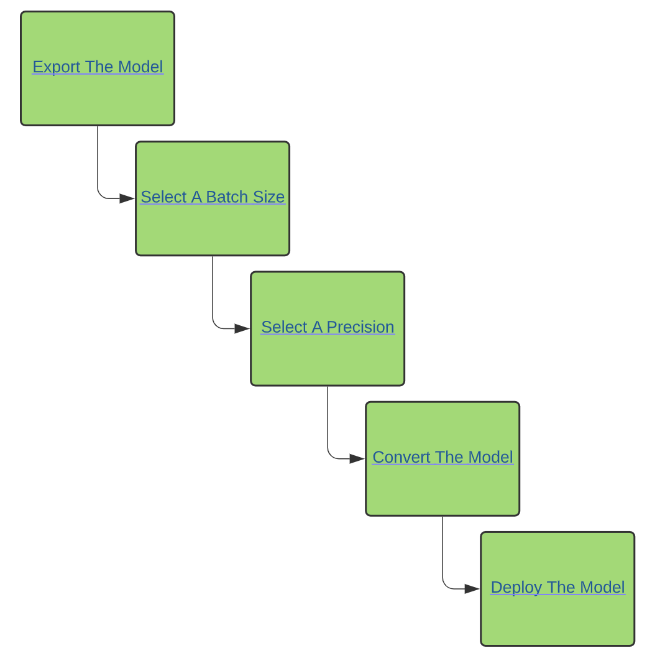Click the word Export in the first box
pyautogui.click(x=57, y=67)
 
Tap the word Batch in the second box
pyautogui.click(x=227, y=197)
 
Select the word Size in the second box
pyautogui.click(x=268, y=197)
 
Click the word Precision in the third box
pyautogui.click(x=360, y=327)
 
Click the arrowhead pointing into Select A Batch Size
pyautogui.click(x=127, y=198)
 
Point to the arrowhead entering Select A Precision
pyautogui.click(x=242, y=328)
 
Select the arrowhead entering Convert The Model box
pyautogui.click(x=357, y=459)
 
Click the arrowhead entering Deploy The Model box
pyautogui.click(x=472, y=589)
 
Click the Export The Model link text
pyautogui.click(x=98, y=67)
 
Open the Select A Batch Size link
pyautogui.click(x=213, y=197)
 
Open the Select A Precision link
pyautogui.click(x=328, y=327)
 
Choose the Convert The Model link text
pyautogui.click(x=443, y=457)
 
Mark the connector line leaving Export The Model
pyautogui.click(x=98, y=171)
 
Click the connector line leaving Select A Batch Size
pyautogui.click(x=213, y=301)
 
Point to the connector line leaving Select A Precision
pyautogui.click(x=328, y=432)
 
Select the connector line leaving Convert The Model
pyautogui.click(x=443, y=562)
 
